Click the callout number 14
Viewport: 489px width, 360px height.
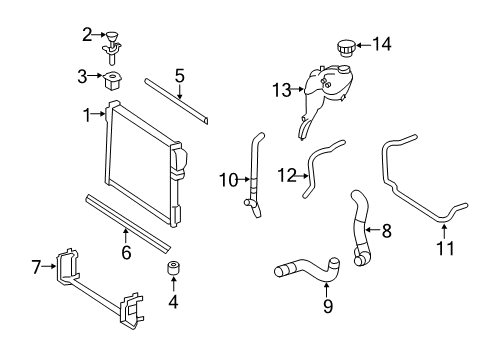click(x=382, y=44)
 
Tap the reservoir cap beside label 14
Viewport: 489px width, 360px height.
click(x=346, y=49)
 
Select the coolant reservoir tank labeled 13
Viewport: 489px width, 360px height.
click(x=325, y=97)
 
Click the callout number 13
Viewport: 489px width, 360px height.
click(x=282, y=90)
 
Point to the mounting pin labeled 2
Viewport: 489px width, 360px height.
click(x=112, y=48)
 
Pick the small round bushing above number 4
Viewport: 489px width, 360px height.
click(x=173, y=268)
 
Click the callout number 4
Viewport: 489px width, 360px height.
click(x=173, y=302)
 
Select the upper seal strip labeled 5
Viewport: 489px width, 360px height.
click(x=177, y=101)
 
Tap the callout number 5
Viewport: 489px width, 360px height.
click(x=180, y=76)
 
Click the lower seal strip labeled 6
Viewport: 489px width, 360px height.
click(x=128, y=223)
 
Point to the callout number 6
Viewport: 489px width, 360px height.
click(x=126, y=252)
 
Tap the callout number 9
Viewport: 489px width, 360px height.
click(x=328, y=305)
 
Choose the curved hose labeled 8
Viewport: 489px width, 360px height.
click(x=361, y=228)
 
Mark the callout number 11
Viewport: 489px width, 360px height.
click(x=445, y=248)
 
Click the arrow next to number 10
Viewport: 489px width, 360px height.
click(x=244, y=180)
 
